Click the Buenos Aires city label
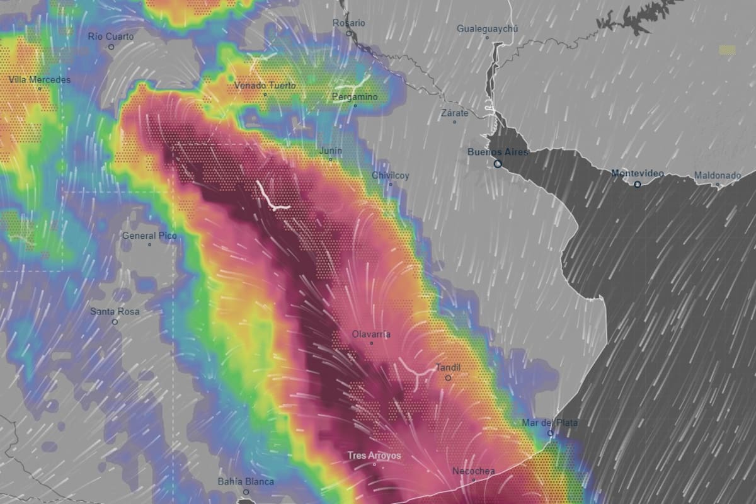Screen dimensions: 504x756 click(498, 152)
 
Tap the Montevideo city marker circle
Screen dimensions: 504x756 click(638, 184)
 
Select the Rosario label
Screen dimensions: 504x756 click(349, 23)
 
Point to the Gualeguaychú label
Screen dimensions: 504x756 click(487, 29)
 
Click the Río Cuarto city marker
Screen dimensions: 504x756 click(112, 47)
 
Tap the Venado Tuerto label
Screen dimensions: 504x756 click(265, 85)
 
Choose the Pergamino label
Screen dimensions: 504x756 click(355, 97)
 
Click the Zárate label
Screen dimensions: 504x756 click(454, 113)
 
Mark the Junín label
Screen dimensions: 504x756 click(331, 151)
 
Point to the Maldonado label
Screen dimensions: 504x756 click(718, 176)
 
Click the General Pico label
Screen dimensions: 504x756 click(149, 236)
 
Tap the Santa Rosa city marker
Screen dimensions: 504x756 click(115, 322)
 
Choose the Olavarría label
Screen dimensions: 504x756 click(371, 334)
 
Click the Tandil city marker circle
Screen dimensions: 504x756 click(448, 378)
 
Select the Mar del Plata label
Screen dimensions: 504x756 click(550, 423)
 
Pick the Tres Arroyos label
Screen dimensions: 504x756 click(374, 456)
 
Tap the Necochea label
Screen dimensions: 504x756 click(474, 471)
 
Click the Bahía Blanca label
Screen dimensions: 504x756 click(246, 482)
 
